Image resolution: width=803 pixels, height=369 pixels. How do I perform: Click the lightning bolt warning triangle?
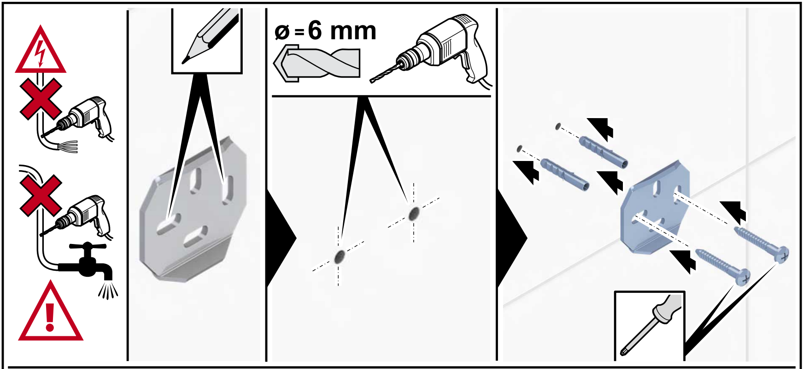tap(41, 52)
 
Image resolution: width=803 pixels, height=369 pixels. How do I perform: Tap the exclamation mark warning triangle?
tap(50, 313)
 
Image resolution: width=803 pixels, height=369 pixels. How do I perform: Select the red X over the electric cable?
tap(41, 99)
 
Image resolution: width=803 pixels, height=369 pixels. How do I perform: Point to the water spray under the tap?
tap(108, 290)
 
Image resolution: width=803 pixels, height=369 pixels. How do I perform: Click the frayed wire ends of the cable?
tap(69, 146)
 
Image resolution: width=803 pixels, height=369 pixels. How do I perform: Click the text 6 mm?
tap(342, 31)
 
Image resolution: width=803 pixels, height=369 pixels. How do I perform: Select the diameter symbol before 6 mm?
tap(282, 32)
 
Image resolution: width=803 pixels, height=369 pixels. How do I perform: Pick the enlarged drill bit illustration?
tap(317, 63)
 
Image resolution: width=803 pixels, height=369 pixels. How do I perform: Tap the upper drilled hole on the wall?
tap(414, 213)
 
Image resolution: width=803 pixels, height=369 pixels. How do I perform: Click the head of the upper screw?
tap(782, 254)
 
